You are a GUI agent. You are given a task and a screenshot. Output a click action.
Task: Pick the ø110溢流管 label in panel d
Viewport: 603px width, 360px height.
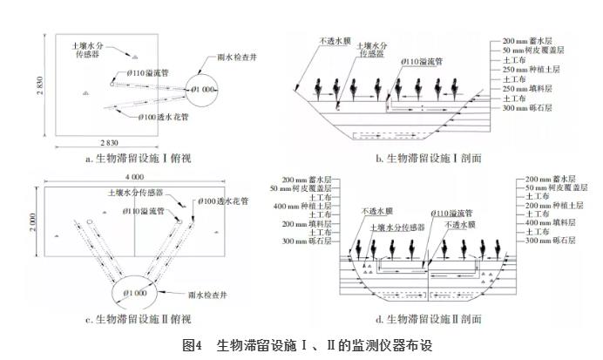(x=451, y=213)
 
